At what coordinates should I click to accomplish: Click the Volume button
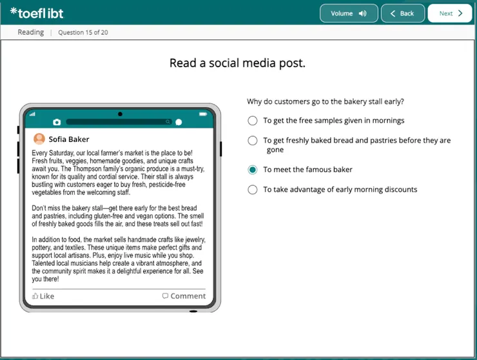pos(348,14)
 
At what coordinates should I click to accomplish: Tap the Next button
pos(450,14)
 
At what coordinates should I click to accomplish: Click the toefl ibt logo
pos(37,13)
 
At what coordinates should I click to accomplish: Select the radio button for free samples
pos(252,121)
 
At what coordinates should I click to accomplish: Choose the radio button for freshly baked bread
pos(252,141)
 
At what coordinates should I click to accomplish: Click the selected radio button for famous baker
pos(252,170)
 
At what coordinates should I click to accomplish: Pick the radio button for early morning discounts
pos(252,190)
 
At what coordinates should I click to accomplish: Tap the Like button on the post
pos(43,296)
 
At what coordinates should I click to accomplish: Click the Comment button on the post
pos(184,296)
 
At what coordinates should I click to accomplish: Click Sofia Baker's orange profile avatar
pos(39,139)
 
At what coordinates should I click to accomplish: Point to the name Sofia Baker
pos(69,139)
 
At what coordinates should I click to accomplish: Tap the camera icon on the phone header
pos(57,122)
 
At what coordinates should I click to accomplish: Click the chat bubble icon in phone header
pos(179,122)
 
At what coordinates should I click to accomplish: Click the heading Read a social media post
pos(237,63)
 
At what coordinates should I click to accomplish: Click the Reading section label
pos(31,32)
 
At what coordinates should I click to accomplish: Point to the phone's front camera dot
pos(120,114)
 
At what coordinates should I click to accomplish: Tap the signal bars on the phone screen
pos(32,114)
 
